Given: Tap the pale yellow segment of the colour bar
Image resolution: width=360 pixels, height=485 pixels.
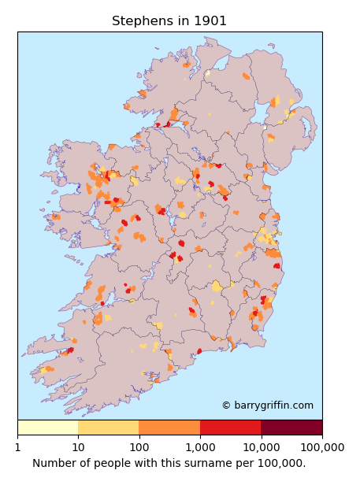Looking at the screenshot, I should point(47,428).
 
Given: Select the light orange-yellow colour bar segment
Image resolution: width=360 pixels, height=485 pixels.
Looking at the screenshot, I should point(108,428).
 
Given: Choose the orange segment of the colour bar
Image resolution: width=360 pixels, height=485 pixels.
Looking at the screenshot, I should point(169,428).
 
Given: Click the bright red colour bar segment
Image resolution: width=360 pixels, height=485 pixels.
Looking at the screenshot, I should point(230,428).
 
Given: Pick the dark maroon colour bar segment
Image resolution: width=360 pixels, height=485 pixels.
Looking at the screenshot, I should point(291,428).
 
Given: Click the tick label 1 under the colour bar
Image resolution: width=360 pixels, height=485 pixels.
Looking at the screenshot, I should point(17,447).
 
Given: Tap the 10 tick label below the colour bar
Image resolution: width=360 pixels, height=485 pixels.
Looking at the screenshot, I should point(78,447).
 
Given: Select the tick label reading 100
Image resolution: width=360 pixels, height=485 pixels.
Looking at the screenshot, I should point(139,447).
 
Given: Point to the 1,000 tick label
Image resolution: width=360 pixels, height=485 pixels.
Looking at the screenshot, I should point(200,447).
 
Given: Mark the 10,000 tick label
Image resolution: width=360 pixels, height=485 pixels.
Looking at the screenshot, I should point(261,447).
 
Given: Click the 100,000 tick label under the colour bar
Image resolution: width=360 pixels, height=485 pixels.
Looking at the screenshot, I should point(321,447).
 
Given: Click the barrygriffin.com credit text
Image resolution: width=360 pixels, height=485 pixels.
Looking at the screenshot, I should point(273,405).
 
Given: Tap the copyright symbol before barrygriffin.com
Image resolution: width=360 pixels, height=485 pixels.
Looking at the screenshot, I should point(226,405).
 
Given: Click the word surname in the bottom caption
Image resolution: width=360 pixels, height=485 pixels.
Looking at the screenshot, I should point(209,464).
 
